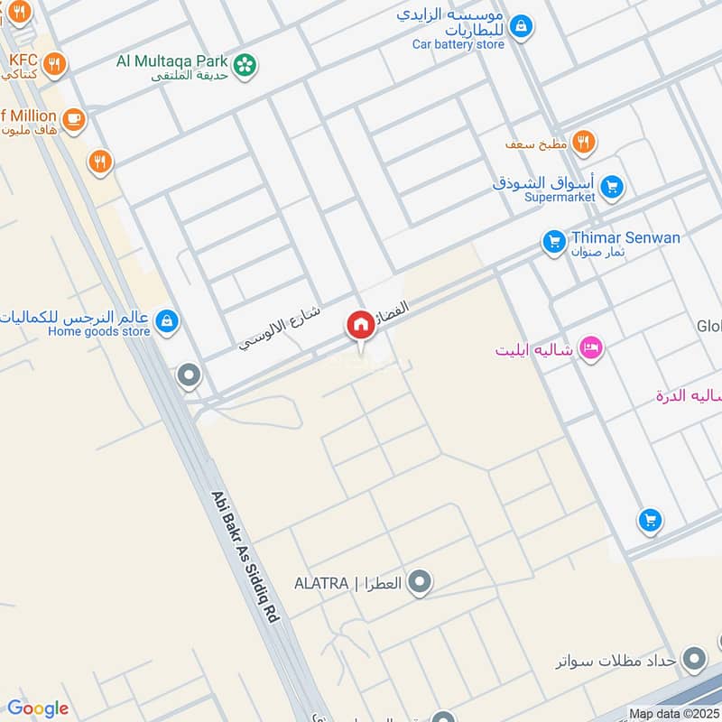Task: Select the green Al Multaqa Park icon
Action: [x=244, y=64]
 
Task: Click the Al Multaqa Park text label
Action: [x=171, y=60]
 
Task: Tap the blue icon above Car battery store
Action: [x=521, y=27]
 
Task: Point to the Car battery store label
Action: [x=458, y=43]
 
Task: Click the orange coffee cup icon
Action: [x=73, y=117]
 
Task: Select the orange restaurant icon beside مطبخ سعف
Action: [x=584, y=142]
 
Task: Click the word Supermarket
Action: [x=560, y=197]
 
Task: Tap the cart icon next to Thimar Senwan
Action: [x=553, y=242]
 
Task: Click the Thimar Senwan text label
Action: [x=625, y=237]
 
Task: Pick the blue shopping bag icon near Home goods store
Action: [x=166, y=320]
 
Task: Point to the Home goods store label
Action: [x=99, y=331]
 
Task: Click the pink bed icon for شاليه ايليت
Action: [x=590, y=347]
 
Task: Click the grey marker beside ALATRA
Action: [x=419, y=583]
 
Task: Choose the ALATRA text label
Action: [x=321, y=583]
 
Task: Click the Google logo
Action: [x=38, y=708]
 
